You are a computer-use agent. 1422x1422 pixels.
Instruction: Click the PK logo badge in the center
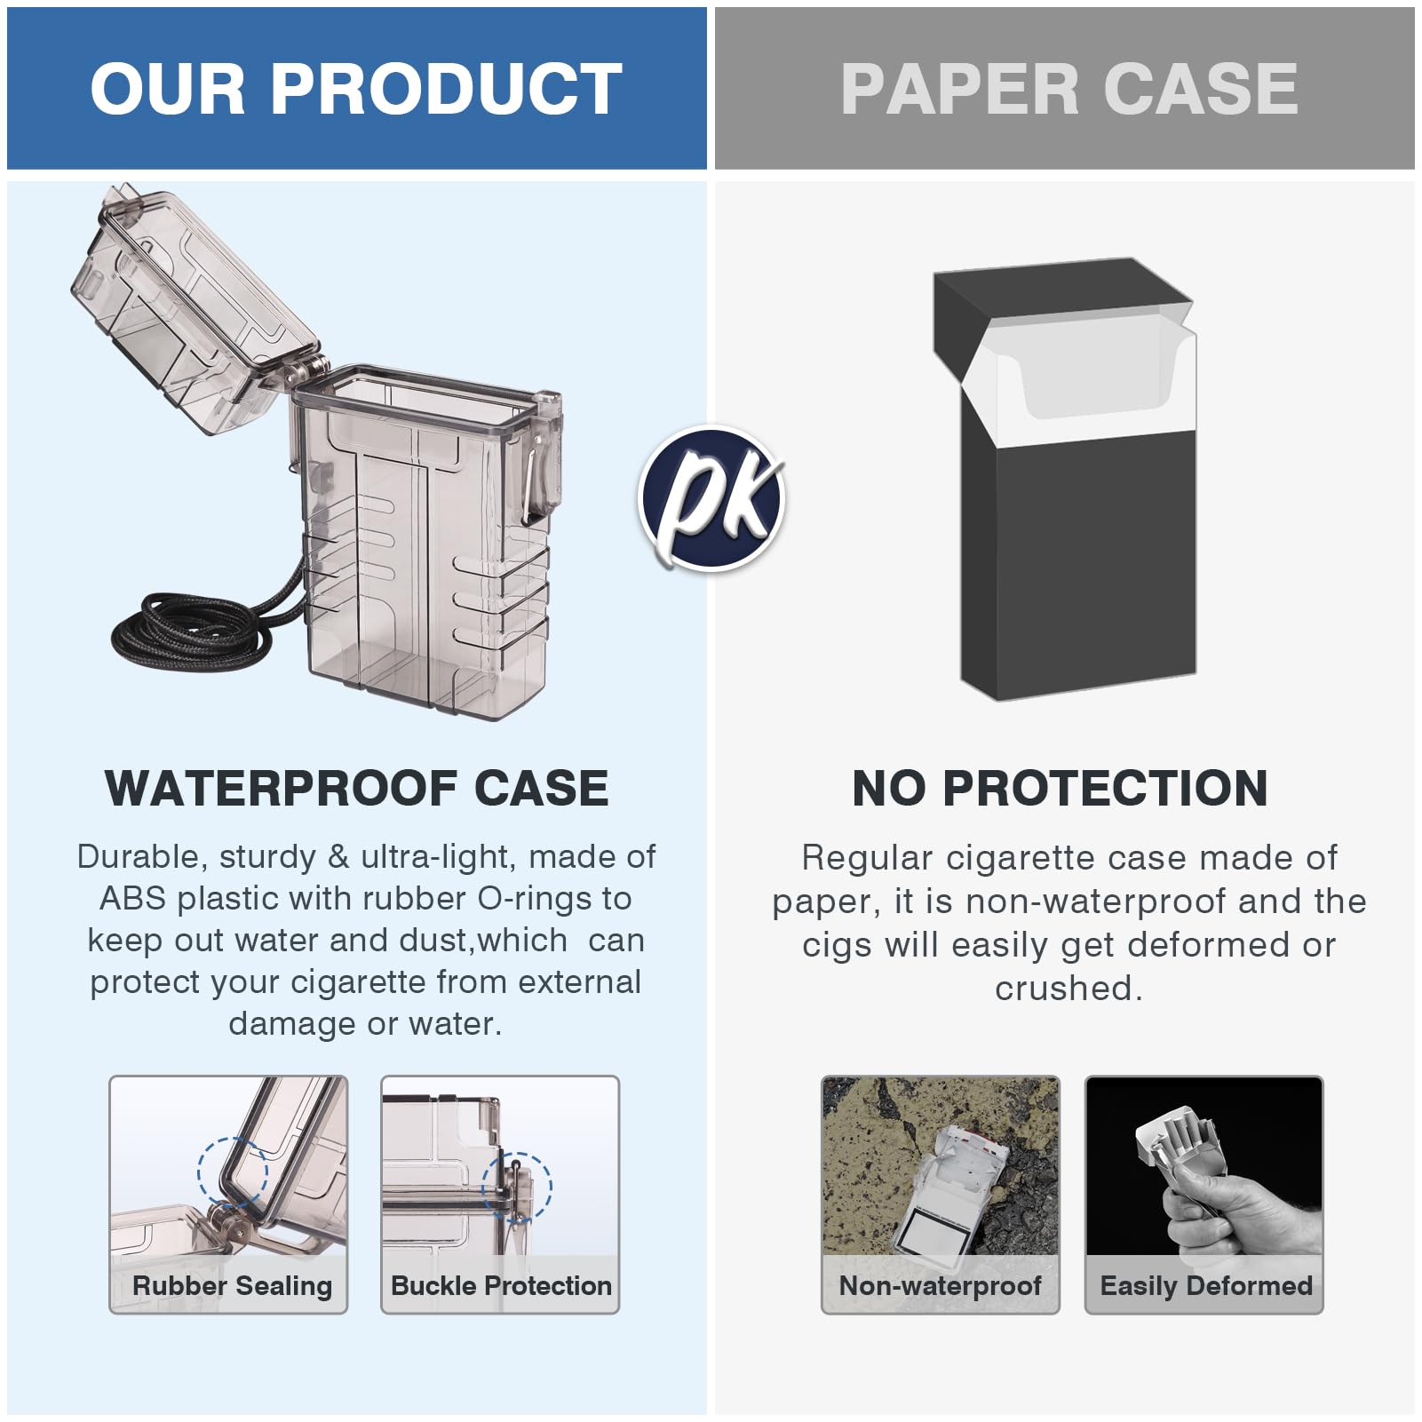(711, 497)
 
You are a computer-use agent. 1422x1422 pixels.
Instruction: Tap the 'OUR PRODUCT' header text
(356, 89)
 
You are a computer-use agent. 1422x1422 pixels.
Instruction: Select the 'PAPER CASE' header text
(1069, 89)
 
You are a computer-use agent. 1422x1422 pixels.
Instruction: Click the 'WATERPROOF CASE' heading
(357, 788)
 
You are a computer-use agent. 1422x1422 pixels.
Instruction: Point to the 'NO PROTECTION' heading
(1061, 788)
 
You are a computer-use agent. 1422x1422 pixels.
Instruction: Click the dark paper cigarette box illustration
(1064, 480)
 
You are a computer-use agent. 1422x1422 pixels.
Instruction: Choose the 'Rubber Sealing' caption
(232, 1285)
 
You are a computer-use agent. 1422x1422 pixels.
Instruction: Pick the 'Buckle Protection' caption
(501, 1285)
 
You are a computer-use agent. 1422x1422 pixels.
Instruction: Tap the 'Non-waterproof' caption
(940, 1285)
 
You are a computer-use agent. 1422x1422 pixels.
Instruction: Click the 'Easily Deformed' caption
(1206, 1285)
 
